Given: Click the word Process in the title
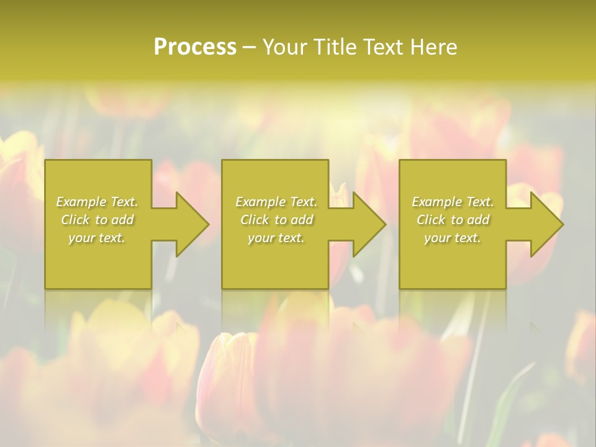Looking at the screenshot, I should (x=195, y=47).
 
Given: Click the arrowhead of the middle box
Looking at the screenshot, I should (x=368, y=224).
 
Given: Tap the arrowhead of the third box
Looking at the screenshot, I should (x=546, y=224).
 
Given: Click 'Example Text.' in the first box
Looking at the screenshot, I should (x=97, y=202).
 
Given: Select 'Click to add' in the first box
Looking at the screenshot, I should (x=97, y=220).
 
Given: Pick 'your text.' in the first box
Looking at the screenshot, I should (x=97, y=238).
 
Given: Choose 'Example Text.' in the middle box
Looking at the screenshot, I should (x=276, y=202).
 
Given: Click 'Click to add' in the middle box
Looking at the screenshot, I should (x=276, y=220).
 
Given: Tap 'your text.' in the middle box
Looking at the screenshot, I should (x=276, y=238).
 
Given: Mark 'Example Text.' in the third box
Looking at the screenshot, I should (x=453, y=202).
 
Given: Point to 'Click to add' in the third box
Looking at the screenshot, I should (x=453, y=220).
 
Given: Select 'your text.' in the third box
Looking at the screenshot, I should (x=453, y=238).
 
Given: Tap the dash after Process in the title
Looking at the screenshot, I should (x=249, y=48).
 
